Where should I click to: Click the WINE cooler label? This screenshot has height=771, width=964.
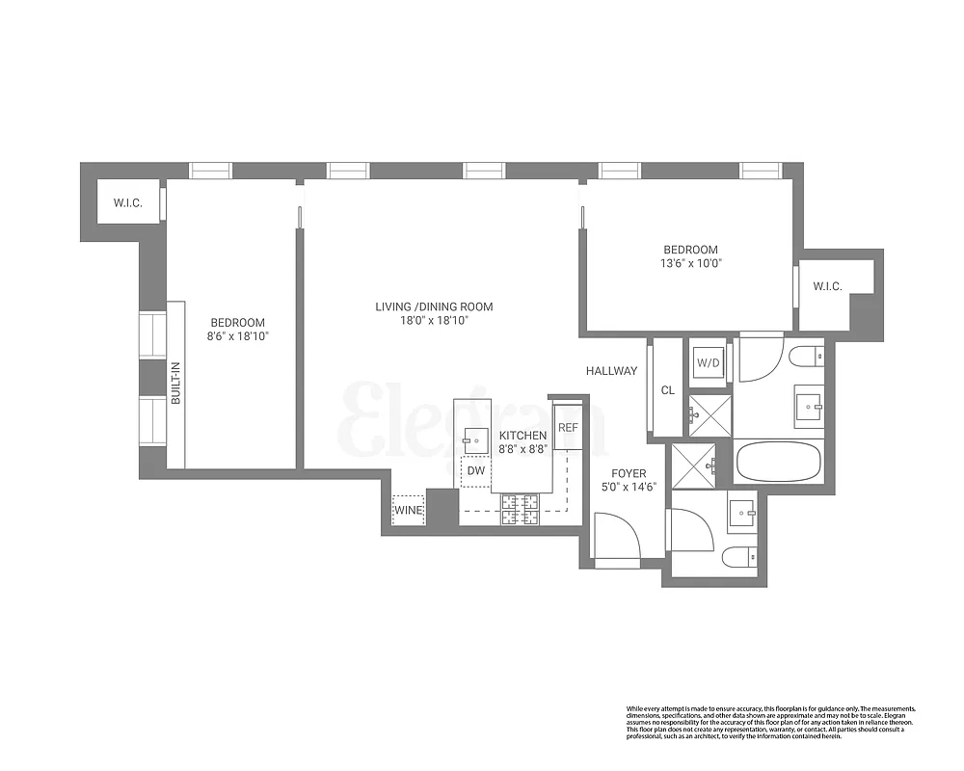click(408, 511)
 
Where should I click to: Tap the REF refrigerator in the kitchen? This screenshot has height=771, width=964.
click(568, 427)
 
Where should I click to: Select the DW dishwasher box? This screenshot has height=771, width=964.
click(475, 471)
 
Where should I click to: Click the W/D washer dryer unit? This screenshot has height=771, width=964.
click(708, 363)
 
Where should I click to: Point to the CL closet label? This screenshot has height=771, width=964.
click(667, 390)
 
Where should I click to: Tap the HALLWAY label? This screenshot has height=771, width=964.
click(612, 371)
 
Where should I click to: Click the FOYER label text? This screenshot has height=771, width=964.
click(629, 474)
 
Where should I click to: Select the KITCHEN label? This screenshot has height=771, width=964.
click(523, 436)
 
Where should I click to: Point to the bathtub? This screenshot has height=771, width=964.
click(779, 462)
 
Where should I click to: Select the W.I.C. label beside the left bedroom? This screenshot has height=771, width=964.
click(127, 202)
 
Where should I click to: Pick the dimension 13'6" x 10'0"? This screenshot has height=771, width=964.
click(689, 262)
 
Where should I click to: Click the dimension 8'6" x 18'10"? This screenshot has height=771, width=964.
click(237, 336)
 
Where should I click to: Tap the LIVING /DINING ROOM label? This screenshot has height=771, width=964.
click(434, 307)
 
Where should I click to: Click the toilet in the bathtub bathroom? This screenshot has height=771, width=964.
click(804, 358)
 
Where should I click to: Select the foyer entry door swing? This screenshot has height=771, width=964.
click(614, 535)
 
